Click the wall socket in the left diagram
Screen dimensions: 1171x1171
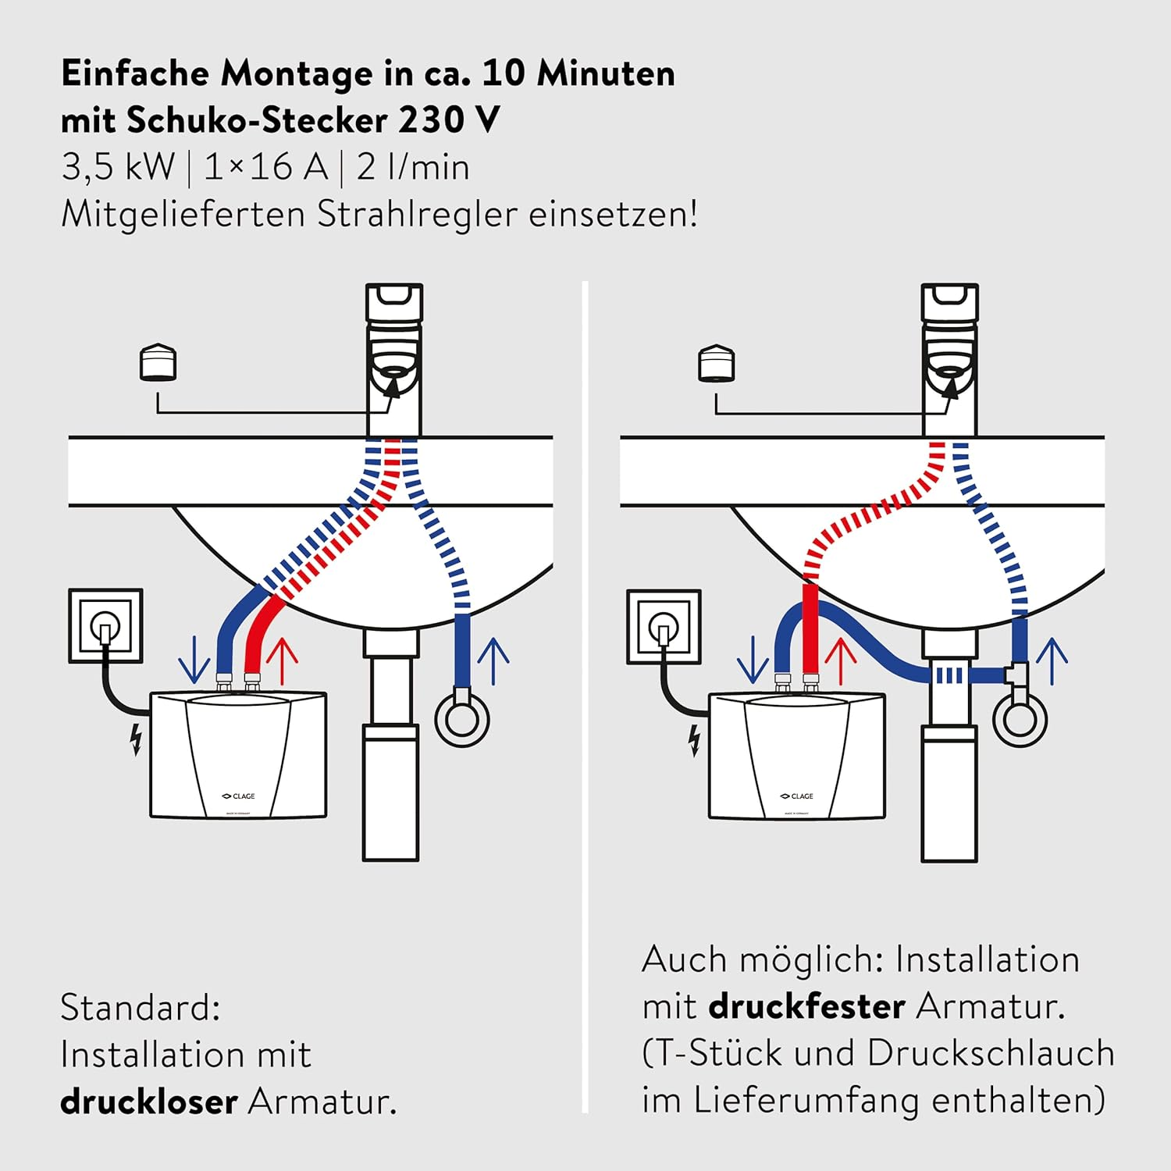point(105,625)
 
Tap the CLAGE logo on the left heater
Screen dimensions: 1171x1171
point(239,796)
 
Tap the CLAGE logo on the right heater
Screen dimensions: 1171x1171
point(797,796)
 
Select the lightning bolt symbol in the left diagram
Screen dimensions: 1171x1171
point(137,739)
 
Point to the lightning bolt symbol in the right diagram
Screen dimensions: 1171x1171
point(695,741)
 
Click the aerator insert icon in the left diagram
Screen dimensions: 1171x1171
point(158,362)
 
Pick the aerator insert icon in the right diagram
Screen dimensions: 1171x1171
point(716,364)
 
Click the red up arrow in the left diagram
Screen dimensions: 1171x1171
point(282,660)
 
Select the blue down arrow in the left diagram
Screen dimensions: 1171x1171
point(194,660)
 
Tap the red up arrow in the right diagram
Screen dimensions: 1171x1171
point(841,660)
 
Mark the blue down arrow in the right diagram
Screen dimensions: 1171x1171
point(753,660)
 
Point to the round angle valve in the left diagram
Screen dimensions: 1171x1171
point(462,718)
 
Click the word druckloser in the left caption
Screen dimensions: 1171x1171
point(148,1102)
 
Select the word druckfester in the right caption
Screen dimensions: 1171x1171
point(806,1006)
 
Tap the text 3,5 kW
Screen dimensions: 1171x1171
point(118,167)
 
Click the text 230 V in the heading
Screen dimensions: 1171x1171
point(449,120)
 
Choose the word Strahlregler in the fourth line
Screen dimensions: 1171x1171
point(417,215)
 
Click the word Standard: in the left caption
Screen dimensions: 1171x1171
point(141,1008)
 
